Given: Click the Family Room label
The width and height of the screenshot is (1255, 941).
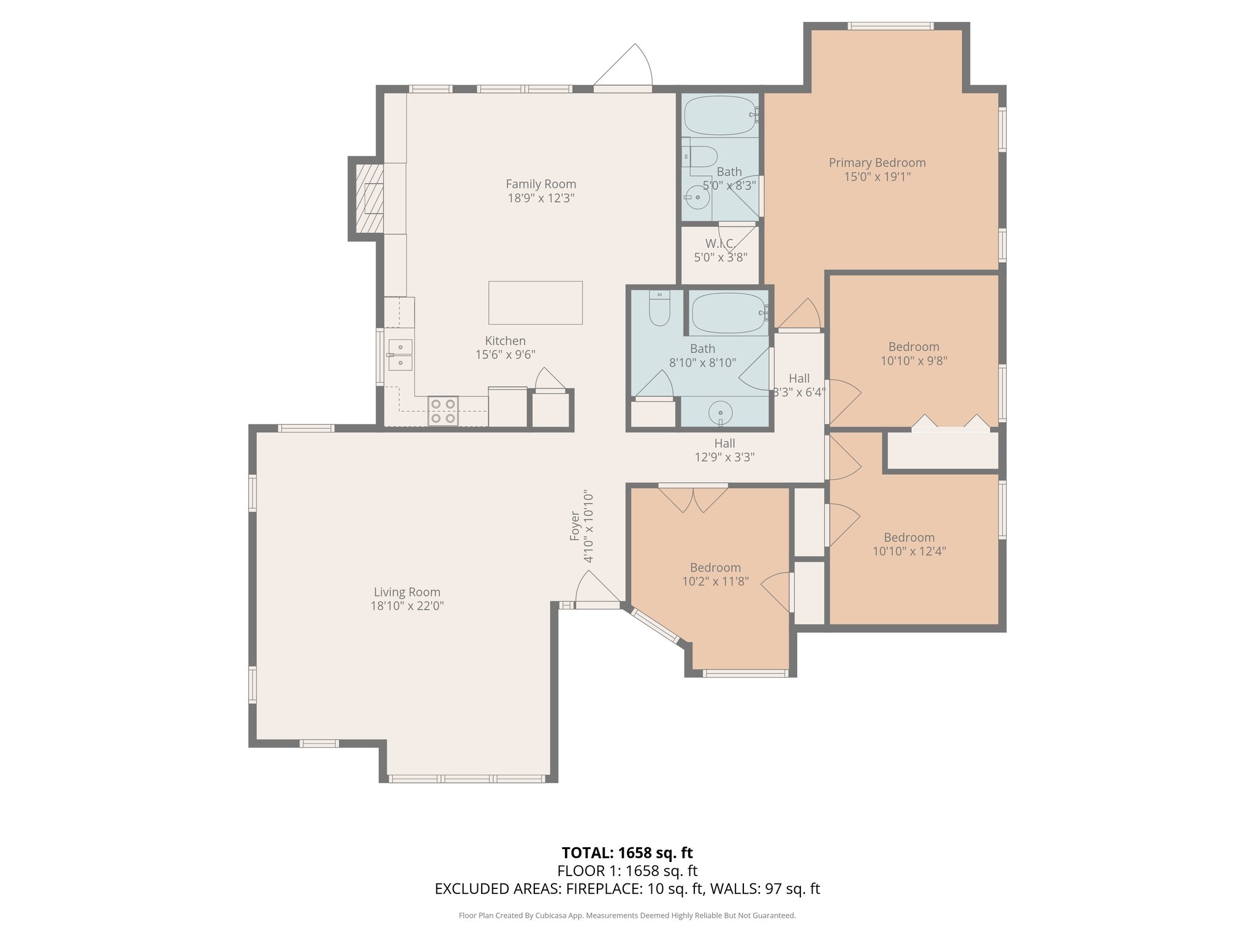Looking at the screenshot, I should click(540, 184).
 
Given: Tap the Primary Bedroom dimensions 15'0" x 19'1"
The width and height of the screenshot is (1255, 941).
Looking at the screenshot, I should click(877, 177).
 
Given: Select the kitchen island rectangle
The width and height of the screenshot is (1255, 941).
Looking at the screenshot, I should click(535, 303).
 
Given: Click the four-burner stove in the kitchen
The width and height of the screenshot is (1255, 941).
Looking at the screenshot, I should click(442, 411).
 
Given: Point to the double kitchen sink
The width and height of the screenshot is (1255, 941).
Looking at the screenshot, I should click(400, 355).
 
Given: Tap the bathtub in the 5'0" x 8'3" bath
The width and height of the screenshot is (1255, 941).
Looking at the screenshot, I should click(719, 115).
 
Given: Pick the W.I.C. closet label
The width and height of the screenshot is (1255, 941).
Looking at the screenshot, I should click(720, 244).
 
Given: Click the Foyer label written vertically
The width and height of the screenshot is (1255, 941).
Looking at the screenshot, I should click(575, 526).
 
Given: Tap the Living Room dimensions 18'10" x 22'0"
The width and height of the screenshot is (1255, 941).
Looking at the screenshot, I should click(407, 606).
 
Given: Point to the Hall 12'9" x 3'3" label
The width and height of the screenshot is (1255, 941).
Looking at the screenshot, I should click(724, 450).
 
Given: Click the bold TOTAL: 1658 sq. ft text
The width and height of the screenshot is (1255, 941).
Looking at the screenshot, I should click(627, 853).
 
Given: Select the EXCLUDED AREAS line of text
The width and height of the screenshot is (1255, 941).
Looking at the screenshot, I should click(627, 889).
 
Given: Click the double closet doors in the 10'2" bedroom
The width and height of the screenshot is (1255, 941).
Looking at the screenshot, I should click(692, 499).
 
